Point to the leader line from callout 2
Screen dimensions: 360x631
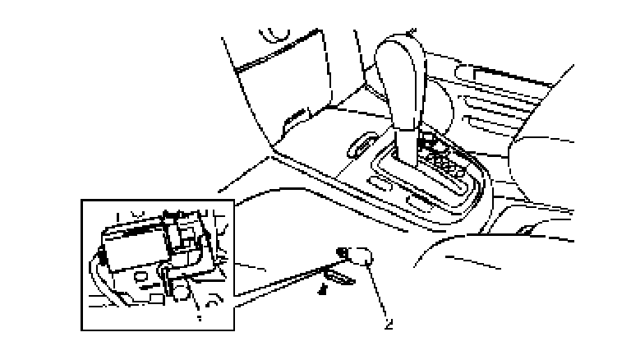[x=376, y=291]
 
